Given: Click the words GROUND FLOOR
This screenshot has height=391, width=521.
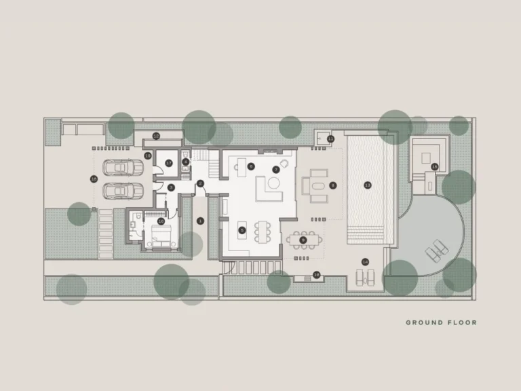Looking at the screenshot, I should coord(441,322).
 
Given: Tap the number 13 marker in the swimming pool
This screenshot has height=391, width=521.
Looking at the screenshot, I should coord(368,185).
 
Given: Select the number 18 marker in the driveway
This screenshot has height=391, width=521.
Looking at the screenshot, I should coord(94,179).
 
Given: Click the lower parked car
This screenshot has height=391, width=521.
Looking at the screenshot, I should coord(123,191).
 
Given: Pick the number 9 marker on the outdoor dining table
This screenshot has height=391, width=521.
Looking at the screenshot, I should coord(303,239).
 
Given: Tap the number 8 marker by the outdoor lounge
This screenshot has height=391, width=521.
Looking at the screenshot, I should coord(332,185).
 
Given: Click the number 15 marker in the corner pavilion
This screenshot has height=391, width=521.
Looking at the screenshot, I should coord(435,166).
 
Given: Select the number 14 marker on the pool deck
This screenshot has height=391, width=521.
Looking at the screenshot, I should coord(365,262).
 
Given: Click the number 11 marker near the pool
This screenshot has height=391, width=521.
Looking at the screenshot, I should coord(330,139).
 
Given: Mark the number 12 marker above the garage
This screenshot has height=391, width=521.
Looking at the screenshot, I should coord(156,136).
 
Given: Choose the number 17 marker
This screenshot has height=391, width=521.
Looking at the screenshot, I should coord(169,163).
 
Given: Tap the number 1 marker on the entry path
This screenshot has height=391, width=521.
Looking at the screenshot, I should coord(200,221).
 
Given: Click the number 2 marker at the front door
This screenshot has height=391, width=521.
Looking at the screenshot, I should coord(200,183).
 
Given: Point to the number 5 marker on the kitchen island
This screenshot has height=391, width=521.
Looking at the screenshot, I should coord(242,230).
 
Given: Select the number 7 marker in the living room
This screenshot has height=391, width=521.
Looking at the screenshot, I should coord(275,169).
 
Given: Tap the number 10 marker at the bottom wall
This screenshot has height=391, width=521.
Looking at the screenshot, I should coord(316,275).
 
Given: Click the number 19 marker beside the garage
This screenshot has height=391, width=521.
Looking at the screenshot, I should coord(147,155).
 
